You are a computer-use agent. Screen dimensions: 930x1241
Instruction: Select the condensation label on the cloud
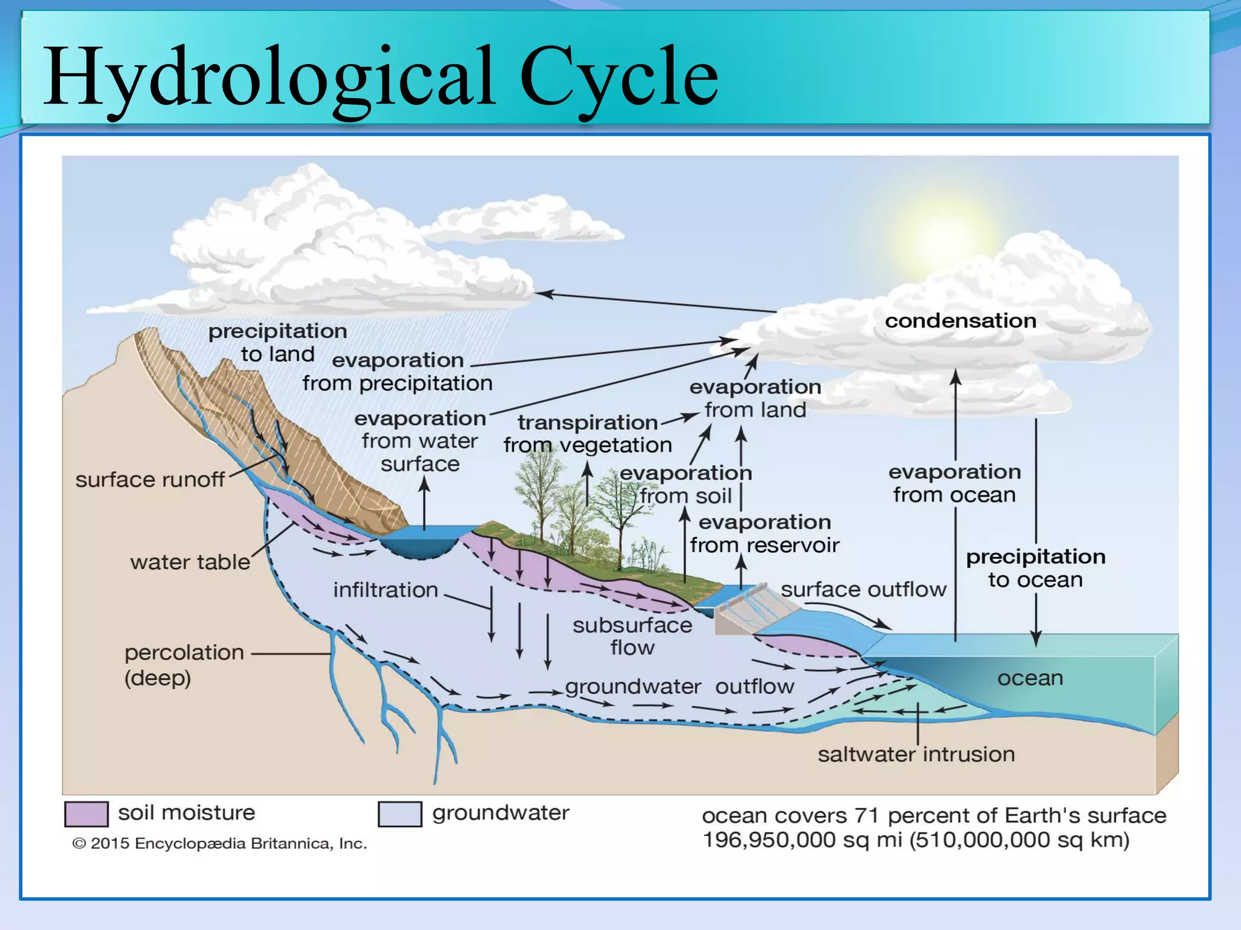960,320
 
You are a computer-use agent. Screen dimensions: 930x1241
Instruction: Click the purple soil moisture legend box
87,814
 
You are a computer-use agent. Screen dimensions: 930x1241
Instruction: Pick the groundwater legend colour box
400,814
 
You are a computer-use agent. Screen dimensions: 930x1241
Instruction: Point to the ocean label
1030,678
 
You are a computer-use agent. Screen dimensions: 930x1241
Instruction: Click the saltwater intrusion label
916,754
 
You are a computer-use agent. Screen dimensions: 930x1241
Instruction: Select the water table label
190,562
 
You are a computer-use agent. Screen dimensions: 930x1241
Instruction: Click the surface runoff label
150,480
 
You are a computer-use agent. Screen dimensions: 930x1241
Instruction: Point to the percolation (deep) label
184,664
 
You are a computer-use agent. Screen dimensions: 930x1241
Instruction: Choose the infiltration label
385,590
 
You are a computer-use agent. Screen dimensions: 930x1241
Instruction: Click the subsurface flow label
632,636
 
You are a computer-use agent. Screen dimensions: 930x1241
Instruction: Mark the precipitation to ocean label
1035,568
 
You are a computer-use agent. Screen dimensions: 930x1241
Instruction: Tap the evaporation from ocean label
954,483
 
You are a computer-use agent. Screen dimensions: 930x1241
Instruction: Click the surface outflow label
863,589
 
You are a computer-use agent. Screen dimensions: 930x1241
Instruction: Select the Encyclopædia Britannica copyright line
219,843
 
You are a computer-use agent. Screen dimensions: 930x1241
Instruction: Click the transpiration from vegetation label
587,434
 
